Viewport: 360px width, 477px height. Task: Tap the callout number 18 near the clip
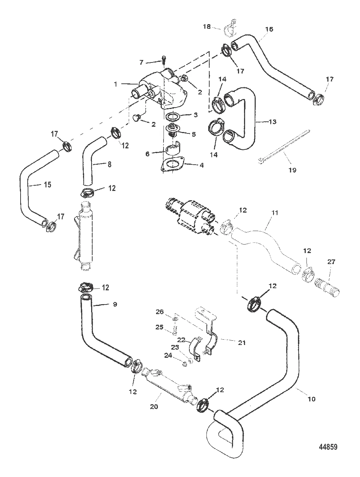(207, 26)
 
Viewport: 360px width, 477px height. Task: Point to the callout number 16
(269, 29)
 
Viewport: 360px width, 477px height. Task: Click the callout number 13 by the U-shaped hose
(272, 122)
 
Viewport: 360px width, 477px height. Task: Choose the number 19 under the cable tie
(292, 170)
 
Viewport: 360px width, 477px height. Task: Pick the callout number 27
(331, 262)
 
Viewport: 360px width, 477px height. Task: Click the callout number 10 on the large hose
(311, 399)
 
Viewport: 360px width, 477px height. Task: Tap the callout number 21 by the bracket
(242, 342)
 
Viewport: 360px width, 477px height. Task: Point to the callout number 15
(48, 185)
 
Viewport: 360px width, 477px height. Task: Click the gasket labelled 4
(172, 164)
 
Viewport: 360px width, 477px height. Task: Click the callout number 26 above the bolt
(160, 312)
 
